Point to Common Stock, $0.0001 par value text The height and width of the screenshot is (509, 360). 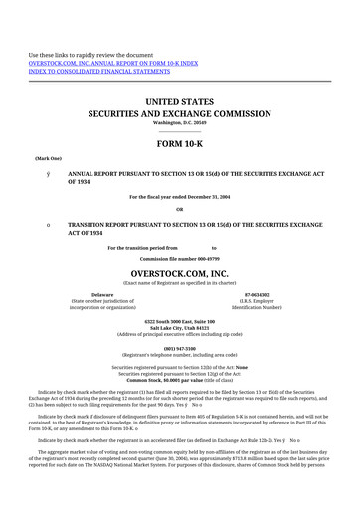tap(179, 380)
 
